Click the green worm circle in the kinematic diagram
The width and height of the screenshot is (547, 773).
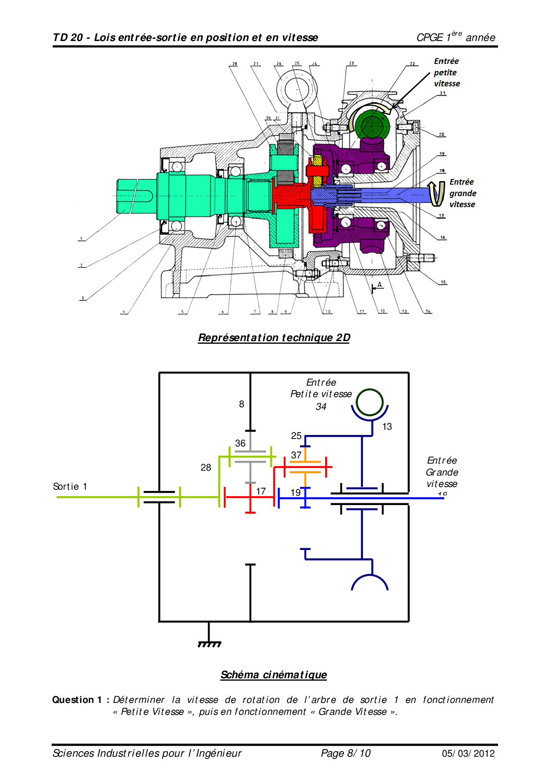coord(370,402)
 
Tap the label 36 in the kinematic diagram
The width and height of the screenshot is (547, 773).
coord(240,443)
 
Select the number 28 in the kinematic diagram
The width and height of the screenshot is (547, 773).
coord(206,468)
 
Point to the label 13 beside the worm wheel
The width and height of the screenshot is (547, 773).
coord(387,427)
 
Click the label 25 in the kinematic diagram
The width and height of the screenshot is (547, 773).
coord(296,436)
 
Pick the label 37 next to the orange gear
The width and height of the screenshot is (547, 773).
coord(296,455)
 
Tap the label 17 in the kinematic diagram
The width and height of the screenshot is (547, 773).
coord(261,491)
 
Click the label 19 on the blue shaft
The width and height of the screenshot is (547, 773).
coord(296,492)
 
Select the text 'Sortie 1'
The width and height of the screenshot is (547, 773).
coord(70,487)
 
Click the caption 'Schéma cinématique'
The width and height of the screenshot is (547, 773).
coord(273,675)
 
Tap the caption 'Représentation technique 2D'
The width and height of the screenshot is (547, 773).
coord(274,338)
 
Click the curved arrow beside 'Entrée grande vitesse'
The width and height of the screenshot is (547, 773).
coord(437,193)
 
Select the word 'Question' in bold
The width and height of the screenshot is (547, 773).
coord(73,700)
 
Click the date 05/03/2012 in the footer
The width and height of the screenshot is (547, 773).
coord(468,753)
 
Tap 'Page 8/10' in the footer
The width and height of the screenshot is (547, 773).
coord(346,753)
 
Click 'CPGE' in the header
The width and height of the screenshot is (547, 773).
coord(430,38)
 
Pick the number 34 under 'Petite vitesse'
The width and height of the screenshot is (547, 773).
coord(321,407)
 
